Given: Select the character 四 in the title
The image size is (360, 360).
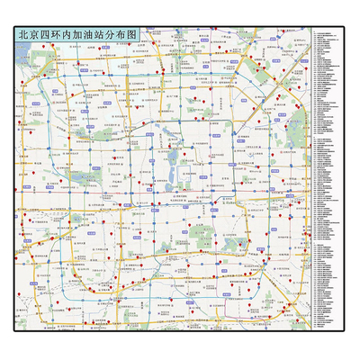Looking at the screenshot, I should [49, 35].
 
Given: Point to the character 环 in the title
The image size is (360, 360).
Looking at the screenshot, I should [62, 35].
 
